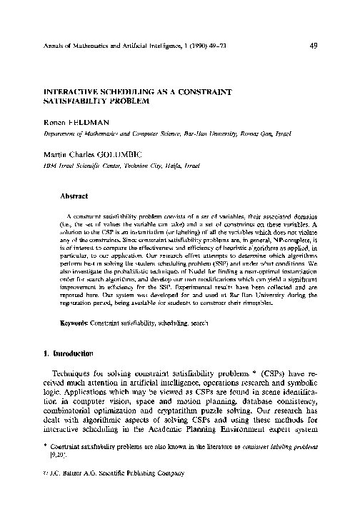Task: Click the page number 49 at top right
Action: tap(314, 47)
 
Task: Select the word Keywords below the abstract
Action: tap(74, 324)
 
